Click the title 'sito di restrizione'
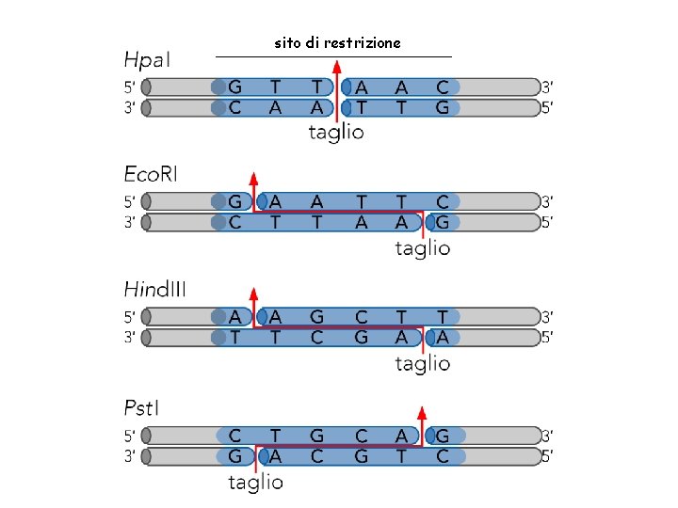(337, 43)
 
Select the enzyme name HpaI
(148, 60)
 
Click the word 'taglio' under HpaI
(336, 133)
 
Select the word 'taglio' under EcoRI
(422, 248)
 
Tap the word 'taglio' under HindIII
(422, 363)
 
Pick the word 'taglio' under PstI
(255, 483)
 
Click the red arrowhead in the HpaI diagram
(337, 65)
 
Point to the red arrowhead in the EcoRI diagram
(253, 178)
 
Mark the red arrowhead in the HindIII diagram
(253, 293)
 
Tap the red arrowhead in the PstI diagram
(422, 412)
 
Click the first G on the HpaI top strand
(234, 87)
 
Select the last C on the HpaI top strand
(443, 87)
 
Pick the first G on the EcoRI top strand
(234, 201)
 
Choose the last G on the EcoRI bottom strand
(443, 222)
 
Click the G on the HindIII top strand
(317, 316)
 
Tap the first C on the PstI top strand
(234, 436)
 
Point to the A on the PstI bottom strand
(276, 456)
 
